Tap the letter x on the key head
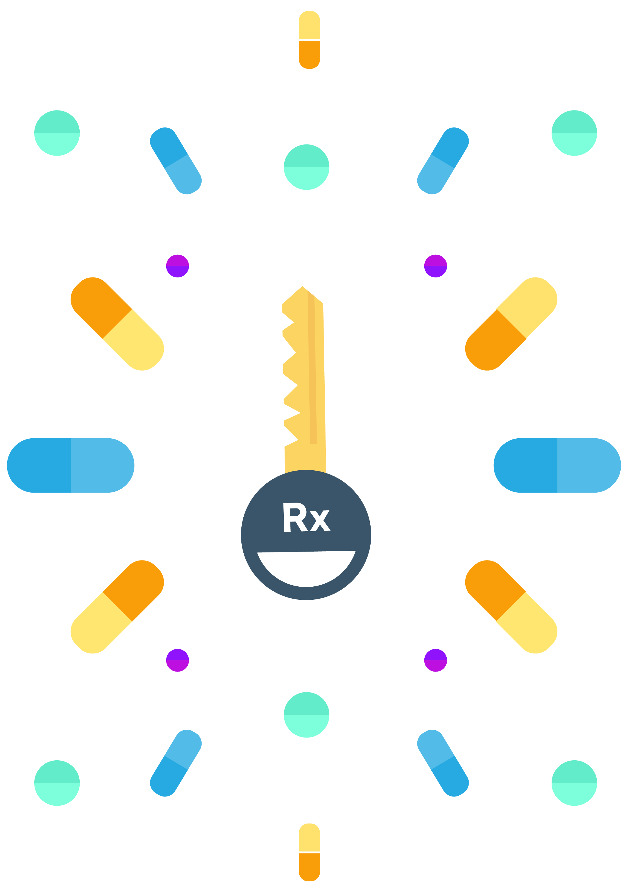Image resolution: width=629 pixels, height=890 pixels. [320, 521]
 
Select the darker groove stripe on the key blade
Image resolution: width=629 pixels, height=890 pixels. [312, 368]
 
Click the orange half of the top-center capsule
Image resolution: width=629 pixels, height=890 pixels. [309, 54]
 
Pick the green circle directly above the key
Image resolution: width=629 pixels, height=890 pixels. [306, 167]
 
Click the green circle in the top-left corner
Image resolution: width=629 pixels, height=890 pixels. [57, 133]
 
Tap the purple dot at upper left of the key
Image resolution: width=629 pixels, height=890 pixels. [178, 266]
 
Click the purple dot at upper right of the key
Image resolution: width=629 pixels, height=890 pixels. [435, 266]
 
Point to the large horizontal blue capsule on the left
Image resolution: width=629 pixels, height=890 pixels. [70, 466]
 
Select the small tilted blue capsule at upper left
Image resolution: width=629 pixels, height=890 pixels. [176, 161]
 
